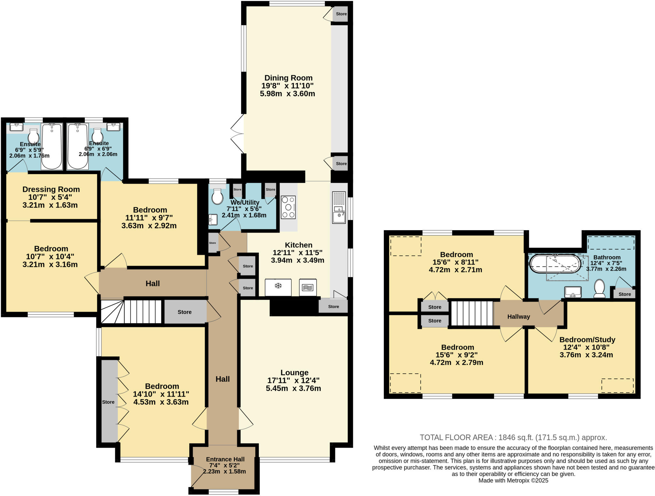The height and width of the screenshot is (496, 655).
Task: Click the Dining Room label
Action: click(288, 78)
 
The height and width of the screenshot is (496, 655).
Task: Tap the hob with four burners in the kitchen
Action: click(288, 207)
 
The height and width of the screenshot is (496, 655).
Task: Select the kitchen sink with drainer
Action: click(339, 207)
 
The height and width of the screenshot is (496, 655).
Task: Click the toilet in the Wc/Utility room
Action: click(217, 196)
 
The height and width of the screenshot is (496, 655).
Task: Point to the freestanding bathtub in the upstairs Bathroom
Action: click(555, 264)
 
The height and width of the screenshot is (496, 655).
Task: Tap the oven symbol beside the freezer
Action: click(308, 287)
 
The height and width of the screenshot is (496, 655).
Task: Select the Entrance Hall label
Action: click(225, 459)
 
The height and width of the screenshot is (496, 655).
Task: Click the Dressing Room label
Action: click(51, 189)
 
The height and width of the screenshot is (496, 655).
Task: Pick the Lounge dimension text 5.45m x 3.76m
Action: click(293, 388)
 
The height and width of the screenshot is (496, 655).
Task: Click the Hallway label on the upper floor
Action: click(518, 317)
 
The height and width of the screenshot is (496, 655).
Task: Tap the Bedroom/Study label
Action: click(587, 339)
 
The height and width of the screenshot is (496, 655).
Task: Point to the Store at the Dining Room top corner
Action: click(341, 14)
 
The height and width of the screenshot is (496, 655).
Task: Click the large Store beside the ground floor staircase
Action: click(185, 312)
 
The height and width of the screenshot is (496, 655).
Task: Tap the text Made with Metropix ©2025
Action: click(513, 480)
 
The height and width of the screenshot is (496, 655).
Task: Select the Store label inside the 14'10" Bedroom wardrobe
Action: click(108, 402)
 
